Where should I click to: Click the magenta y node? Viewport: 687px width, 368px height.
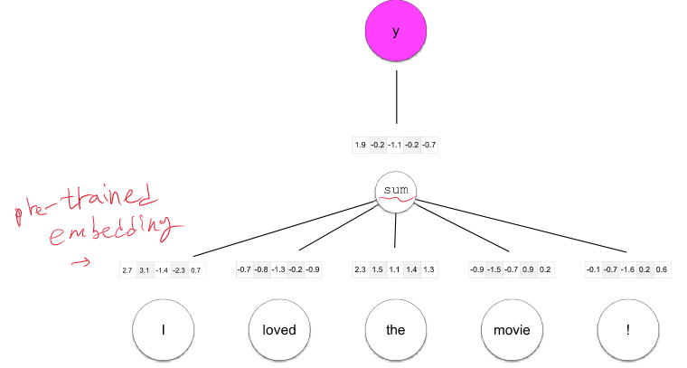tap(395, 33)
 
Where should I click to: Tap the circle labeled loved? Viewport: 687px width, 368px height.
tap(279, 330)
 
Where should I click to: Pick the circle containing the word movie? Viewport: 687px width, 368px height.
tap(512, 330)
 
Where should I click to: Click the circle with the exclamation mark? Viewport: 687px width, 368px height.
tap(627, 330)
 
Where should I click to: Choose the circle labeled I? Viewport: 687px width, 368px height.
tap(163, 330)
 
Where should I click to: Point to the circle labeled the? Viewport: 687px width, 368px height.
tap(395, 330)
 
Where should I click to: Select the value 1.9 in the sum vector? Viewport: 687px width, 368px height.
tap(361, 145)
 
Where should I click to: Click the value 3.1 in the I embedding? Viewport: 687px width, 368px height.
tap(145, 269)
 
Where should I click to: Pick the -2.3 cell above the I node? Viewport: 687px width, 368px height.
tap(180, 269)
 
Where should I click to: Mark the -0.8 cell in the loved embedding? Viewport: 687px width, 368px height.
tap(261, 269)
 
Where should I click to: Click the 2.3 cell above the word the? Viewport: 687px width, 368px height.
tap(361, 269)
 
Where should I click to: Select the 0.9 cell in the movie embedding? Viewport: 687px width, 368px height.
tap(529, 269)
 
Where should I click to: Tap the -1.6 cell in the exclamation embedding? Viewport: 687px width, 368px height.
tap(627, 269)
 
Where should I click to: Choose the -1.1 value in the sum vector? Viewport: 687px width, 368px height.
tap(395, 145)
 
